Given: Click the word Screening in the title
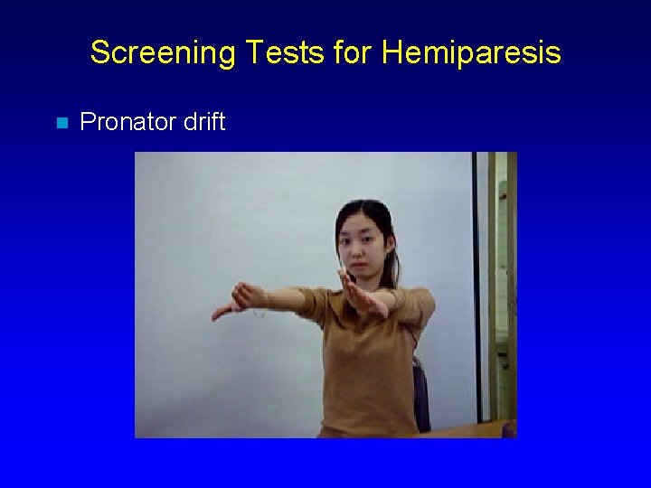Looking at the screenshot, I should [x=154, y=53].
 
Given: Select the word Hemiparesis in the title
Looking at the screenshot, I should [x=470, y=52].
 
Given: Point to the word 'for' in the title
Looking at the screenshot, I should [x=353, y=52].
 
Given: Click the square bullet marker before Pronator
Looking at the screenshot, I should [x=61, y=123].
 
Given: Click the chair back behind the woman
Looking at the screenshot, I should [x=421, y=393].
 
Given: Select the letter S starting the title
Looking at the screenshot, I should [x=99, y=52].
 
